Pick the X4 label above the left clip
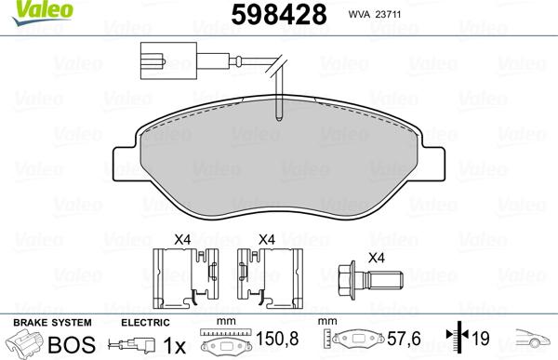tap(182, 240)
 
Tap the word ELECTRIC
tap(145, 321)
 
